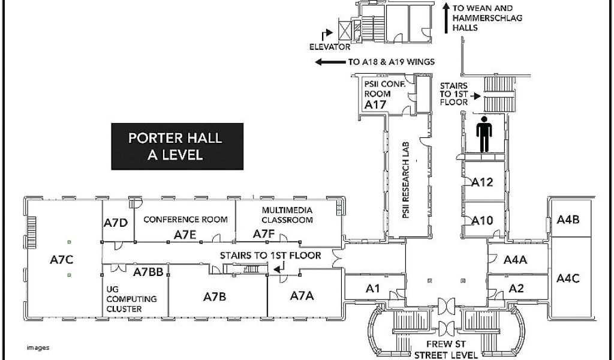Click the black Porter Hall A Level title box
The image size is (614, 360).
coord(177,146)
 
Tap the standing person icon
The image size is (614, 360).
coord(484,134)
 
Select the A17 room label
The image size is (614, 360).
coord(375,104)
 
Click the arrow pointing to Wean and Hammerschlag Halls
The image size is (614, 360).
coord(446,19)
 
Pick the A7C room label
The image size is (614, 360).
coord(62,259)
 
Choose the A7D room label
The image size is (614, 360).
coord(116,223)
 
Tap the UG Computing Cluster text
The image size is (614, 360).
coord(131,299)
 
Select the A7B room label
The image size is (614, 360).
coord(215,296)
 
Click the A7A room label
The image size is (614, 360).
coord(302,295)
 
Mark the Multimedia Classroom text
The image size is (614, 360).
coord(287,215)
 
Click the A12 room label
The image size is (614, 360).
coord(482,182)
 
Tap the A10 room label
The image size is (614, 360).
coord(482,221)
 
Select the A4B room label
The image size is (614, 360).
coord(568,220)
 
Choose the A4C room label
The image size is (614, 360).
coord(568,278)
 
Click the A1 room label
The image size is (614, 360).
coord(372,289)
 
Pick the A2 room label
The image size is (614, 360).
coord(516,289)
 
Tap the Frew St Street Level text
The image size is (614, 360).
coord(446,349)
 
